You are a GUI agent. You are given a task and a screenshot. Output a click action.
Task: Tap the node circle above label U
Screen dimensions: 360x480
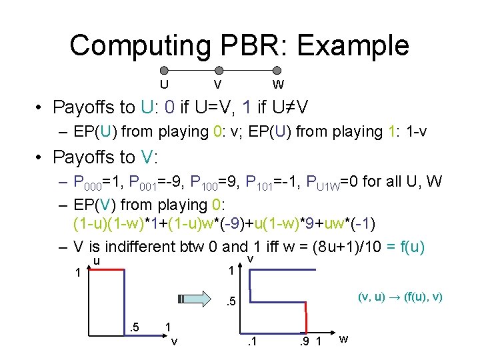[164, 70]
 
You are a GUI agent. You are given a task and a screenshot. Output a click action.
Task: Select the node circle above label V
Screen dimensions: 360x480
[219, 70]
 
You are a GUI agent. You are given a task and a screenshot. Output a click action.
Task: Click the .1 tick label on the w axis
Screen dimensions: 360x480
[251, 343]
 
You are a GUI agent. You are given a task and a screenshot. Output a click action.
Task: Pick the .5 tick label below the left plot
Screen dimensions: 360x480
[134, 327]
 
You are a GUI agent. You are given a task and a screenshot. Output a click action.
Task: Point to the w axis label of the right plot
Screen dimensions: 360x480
[344, 339]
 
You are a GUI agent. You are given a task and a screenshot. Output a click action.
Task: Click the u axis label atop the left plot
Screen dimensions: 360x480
[97, 261]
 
